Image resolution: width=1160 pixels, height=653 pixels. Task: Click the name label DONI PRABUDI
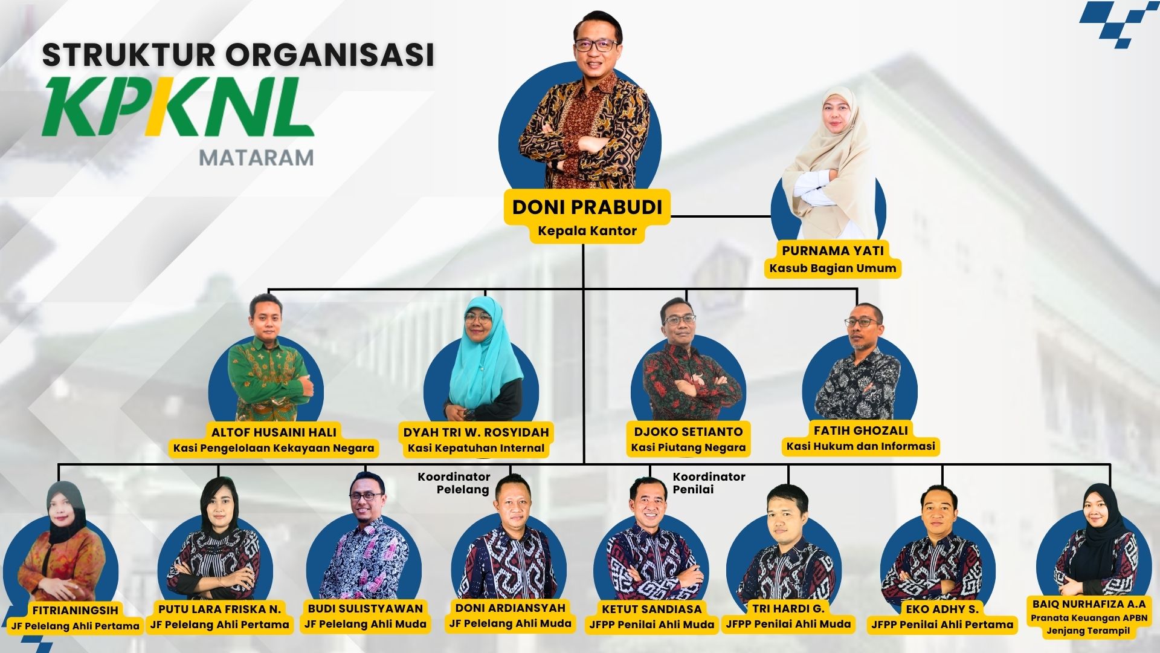point(587,207)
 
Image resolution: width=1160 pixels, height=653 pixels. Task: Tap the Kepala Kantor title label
point(587,231)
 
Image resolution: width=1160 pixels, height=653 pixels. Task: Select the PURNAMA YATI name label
point(833,250)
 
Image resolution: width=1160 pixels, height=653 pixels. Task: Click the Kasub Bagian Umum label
point(833,268)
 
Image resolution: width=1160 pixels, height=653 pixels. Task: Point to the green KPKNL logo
point(178,108)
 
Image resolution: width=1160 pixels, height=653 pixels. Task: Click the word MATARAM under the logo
point(257,158)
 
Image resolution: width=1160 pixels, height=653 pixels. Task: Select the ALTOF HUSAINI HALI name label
point(274,432)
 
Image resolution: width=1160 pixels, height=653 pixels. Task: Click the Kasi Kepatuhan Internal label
point(476,448)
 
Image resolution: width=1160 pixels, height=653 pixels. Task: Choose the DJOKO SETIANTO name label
point(688,432)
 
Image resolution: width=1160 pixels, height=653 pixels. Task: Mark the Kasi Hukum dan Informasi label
point(860,446)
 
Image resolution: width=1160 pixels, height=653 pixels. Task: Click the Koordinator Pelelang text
point(454,483)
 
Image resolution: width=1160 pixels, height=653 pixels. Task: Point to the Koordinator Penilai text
point(709,483)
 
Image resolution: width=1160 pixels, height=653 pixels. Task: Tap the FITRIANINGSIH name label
point(76,610)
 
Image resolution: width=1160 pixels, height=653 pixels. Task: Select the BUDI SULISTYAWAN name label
point(366,608)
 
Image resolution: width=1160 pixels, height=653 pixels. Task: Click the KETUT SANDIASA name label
point(651,609)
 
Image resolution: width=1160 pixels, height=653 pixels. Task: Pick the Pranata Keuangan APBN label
point(1088,618)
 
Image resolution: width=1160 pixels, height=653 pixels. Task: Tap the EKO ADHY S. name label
point(941,609)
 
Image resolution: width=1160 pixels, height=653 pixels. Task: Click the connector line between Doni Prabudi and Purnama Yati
point(721,216)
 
